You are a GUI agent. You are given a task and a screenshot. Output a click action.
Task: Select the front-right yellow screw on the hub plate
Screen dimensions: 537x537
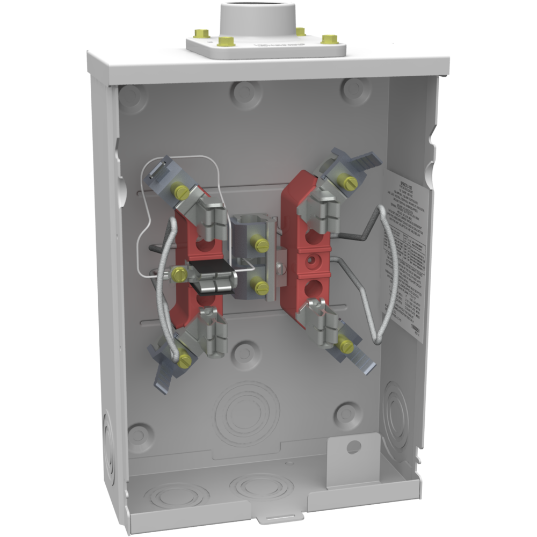329,39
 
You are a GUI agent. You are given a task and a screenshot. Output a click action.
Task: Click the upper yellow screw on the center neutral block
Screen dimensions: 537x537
262,245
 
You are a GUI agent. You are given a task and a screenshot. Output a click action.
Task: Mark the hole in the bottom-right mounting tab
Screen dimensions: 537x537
353,445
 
